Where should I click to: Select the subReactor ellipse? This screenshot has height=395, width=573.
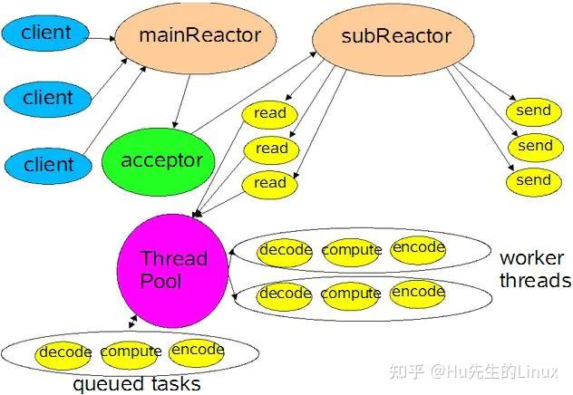pyautogui.click(x=382, y=37)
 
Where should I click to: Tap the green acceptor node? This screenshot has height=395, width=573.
pyautogui.click(x=161, y=161)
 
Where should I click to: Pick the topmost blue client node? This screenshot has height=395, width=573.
pyautogui.click(x=46, y=33)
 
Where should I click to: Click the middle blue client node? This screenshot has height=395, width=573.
pyautogui.click(x=48, y=97)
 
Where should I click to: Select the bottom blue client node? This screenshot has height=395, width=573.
pyautogui.click(x=48, y=164)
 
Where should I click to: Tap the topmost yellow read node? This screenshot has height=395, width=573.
pyautogui.click(x=270, y=114)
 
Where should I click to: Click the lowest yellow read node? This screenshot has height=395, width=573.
pyautogui.click(x=270, y=183)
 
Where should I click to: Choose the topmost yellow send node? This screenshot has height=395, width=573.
pyautogui.click(x=533, y=111)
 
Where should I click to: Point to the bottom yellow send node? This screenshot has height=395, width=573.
pyautogui.click(x=533, y=180)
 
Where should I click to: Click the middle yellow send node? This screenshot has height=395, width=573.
pyautogui.click(x=533, y=146)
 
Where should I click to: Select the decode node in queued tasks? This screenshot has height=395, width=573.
pyautogui.click(x=64, y=352)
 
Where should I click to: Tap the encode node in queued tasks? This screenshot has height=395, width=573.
pyautogui.click(x=197, y=351)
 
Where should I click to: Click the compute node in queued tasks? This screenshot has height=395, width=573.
pyautogui.click(x=131, y=352)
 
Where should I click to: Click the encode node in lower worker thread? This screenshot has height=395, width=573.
pyautogui.click(x=418, y=293)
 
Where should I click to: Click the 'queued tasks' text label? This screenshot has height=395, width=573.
pyautogui.click(x=136, y=384)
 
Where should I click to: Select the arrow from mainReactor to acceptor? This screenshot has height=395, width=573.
pyautogui.click(x=184, y=100)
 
